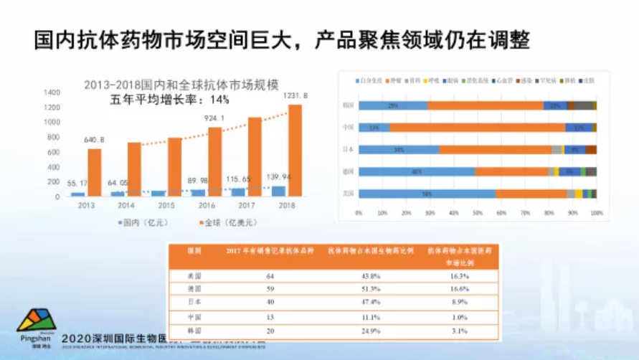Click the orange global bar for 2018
295,151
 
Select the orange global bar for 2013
94,172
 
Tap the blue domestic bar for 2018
278,191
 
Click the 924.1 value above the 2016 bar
214,118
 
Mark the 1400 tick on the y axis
52,93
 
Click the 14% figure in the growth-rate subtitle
219,99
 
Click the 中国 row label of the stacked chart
348,128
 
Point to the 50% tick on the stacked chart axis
477,213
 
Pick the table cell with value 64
251,275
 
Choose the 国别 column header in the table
194,251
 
